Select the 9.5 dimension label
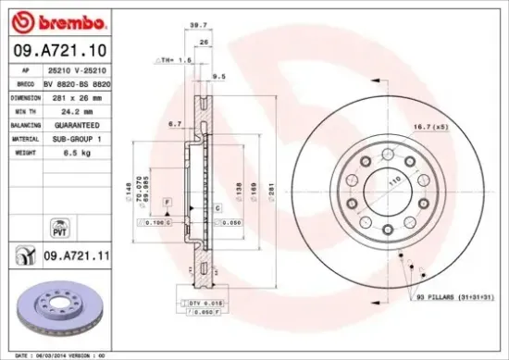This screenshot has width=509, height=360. point(219,77)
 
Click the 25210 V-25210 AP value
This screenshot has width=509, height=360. point(75,70)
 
